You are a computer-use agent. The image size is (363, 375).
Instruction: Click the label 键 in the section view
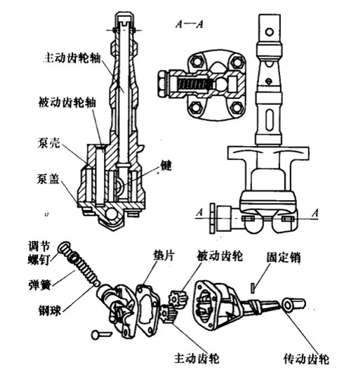coord(166,166)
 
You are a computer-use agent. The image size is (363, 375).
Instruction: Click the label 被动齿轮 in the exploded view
coord(218,254)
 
